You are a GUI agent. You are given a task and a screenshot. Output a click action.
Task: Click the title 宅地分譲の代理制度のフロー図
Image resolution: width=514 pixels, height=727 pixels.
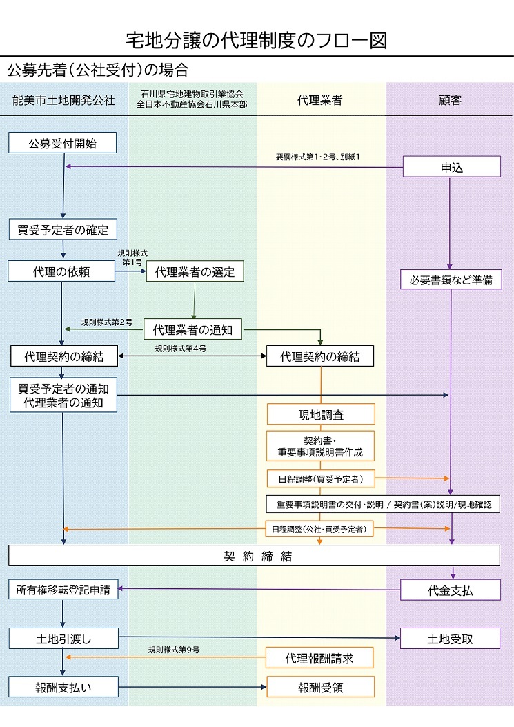pos(257,40)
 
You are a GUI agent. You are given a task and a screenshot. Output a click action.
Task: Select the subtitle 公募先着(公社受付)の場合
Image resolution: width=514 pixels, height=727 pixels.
pos(97,70)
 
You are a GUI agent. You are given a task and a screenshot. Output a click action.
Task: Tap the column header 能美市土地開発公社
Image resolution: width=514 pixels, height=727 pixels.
pos(63,101)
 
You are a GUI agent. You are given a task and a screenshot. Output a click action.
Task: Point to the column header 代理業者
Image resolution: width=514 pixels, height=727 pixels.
pos(319,101)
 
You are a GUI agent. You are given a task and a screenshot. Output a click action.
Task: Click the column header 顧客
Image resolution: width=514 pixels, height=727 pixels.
pos(450,101)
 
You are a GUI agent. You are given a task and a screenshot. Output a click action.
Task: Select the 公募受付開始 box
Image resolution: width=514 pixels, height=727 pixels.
pos(62,143)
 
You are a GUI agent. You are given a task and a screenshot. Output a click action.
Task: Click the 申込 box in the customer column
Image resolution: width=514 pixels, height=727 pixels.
pos(451,166)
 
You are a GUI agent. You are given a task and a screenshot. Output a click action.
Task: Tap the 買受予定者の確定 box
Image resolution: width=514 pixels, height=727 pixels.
pos(63,229)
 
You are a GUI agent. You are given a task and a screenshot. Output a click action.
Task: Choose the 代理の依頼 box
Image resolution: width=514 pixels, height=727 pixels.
pos(61,271)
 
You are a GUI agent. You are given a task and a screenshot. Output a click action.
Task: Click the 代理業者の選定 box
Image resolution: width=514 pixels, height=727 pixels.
pos(195,272)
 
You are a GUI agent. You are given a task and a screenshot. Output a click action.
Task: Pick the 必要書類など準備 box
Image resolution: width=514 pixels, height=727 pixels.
pos(451,280)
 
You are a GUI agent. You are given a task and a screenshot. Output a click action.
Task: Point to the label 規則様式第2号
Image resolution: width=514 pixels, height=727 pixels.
pos(107,322)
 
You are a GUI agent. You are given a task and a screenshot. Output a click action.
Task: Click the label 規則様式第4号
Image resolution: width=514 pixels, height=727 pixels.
pos(181,349)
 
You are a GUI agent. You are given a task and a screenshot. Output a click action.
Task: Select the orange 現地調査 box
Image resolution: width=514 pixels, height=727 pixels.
pos(320,414)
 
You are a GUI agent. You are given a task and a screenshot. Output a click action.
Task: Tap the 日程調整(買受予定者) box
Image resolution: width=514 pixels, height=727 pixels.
pos(320,478)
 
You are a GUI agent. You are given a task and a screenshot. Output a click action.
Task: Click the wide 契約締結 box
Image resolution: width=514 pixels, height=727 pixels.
pos(254,556)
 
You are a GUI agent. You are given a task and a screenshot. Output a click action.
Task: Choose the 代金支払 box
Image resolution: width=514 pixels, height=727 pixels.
pos(451,590)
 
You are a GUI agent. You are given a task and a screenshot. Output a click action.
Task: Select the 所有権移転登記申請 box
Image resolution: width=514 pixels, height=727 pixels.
pos(63,590)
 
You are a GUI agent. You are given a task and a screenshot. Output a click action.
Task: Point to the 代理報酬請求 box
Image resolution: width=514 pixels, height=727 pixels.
pos(320,658)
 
